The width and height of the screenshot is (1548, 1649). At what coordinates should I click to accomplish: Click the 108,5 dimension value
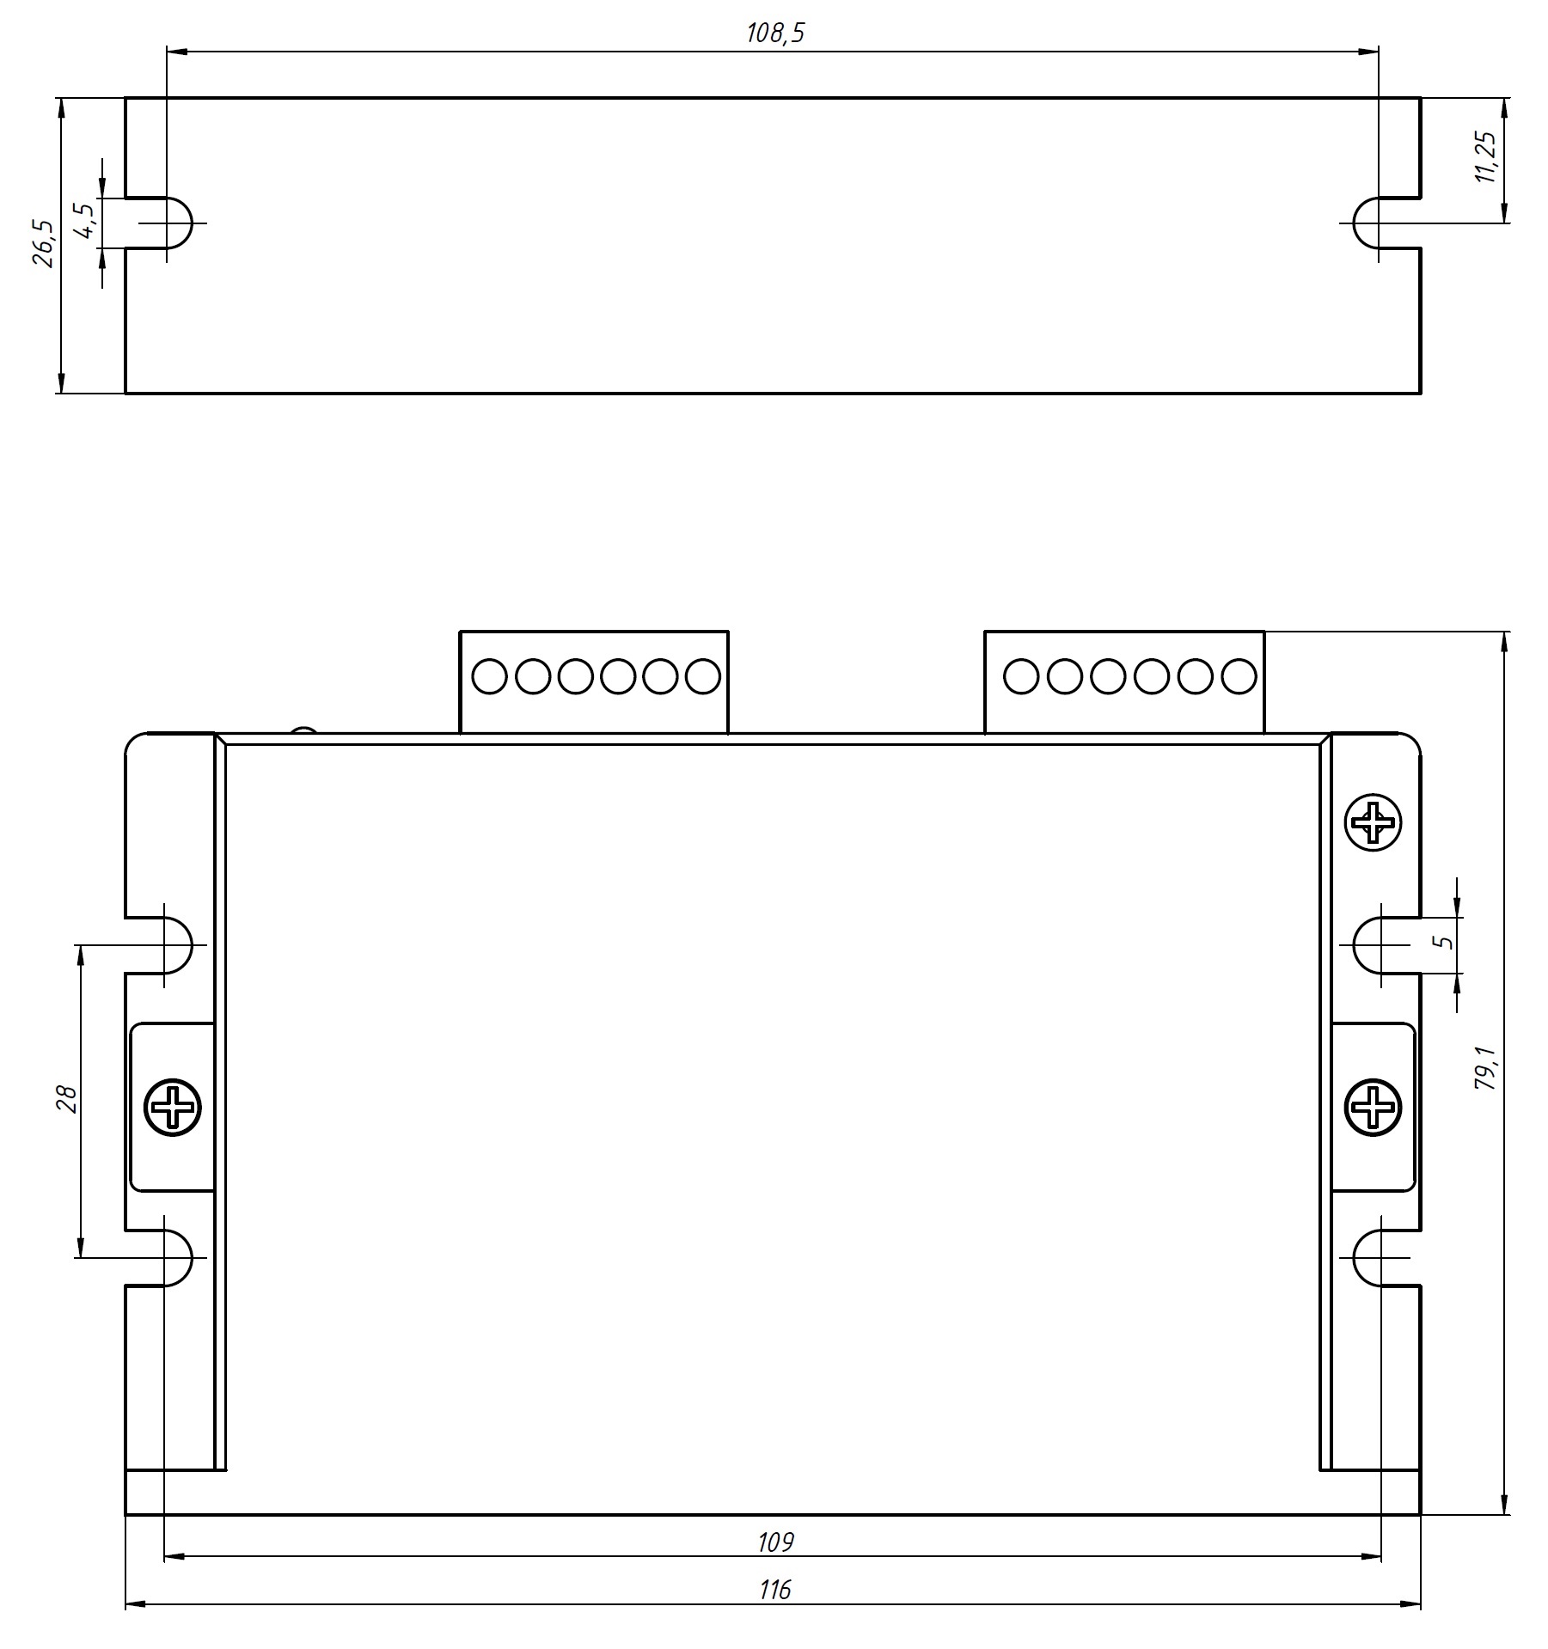coord(775,34)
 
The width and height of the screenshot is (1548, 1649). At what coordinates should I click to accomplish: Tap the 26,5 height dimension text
coord(43,244)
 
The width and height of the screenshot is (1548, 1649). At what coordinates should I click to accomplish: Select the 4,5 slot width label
coord(83,221)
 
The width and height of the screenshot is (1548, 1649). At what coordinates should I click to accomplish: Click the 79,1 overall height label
coord(1486,1070)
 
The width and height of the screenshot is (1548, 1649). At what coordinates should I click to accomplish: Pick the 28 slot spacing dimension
coord(67,1099)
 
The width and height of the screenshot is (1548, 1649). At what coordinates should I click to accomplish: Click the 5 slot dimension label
coord(1446,942)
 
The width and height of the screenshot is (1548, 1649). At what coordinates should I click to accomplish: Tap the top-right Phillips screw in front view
coord(1373,823)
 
